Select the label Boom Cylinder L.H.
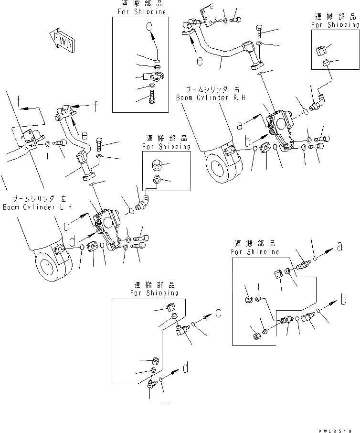38,207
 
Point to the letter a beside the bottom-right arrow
339,247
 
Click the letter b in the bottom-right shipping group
343,301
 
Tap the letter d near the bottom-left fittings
185,368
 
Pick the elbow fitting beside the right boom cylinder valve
317,102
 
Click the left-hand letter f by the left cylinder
18,102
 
